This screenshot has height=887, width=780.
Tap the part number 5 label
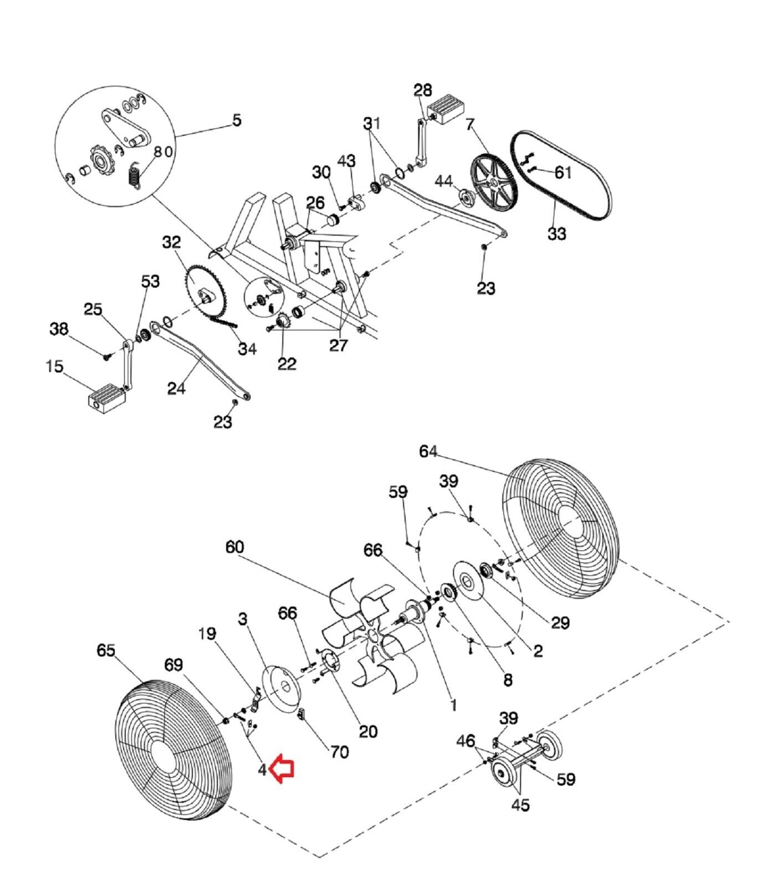click(237, 120)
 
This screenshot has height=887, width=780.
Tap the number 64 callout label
click(428, 452)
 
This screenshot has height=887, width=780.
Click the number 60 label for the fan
click(234, 547)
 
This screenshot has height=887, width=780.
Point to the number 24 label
click(176, 389)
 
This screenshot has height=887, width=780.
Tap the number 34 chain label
click(247, 349)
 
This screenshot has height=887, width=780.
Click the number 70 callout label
click(339, 752)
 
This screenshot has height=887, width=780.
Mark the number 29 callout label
click(560, 623)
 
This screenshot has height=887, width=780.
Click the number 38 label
click(59, 329)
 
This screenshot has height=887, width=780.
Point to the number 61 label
click(563, 172)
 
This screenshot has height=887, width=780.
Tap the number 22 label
click(287, 364)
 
